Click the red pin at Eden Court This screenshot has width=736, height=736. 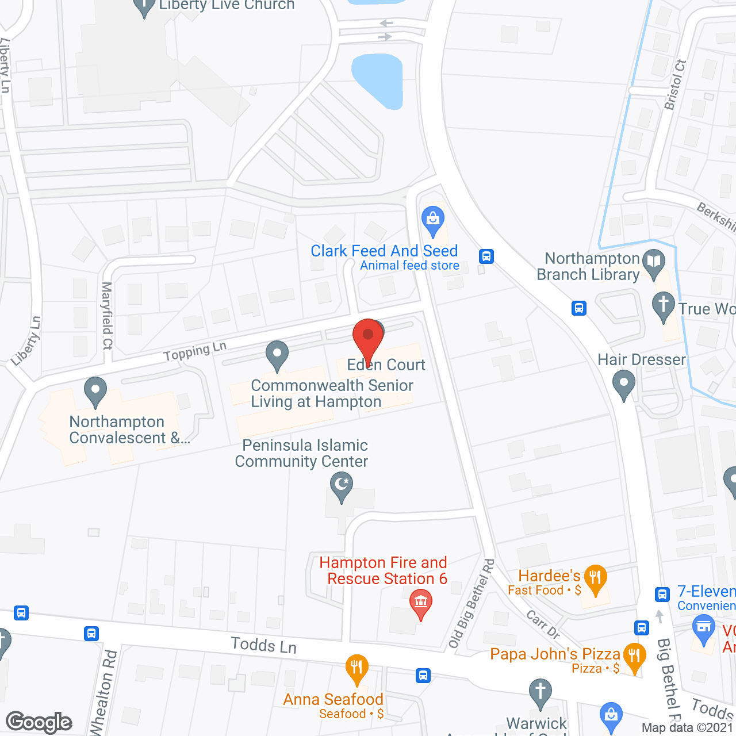click(x=368, y=336)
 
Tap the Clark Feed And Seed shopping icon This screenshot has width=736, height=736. click(x=433, y=219)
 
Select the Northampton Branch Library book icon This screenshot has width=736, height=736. click(x=654, y=263)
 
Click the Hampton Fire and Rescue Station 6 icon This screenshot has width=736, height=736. click(x=421, y=603)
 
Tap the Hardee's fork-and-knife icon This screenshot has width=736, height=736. click(x=595, y=577)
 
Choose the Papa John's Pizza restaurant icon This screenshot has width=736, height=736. click(x=634, y=655)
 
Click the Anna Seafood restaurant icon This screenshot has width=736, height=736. click(x=356, y=668)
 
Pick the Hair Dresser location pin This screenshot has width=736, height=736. click(x=624, y=383)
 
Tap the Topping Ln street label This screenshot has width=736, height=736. click(x=195, y=351)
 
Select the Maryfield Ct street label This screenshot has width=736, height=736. click(x=107, y=316)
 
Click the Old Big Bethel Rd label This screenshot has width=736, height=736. click(x=471, y=604)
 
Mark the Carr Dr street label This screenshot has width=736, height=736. click(x=543, y=625)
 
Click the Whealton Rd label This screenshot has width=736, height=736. click(x=103, y=693)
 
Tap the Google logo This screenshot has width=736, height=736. click(x=39, y=722)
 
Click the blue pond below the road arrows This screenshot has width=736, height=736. click(x=377, y=80)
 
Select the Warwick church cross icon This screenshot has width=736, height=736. click(x=540, y=692)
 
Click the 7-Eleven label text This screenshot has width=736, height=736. click(x=706, y=591)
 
